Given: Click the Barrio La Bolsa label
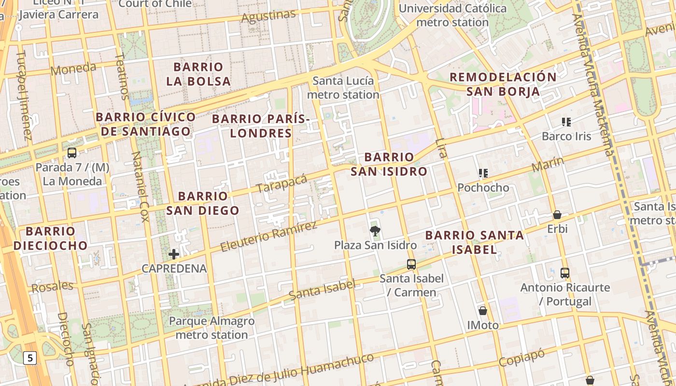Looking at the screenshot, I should [198, 74].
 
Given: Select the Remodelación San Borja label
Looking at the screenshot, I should [503, 84].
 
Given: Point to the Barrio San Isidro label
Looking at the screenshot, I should [389, 164].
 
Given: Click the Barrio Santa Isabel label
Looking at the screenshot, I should [475, 242].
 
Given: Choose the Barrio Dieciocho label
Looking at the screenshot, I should [51, 238].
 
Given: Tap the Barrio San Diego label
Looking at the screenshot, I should [203, 203].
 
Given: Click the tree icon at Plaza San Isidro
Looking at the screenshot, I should [375, 231].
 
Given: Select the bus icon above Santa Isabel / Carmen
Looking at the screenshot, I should [411, 264].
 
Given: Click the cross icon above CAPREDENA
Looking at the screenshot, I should [174, 254].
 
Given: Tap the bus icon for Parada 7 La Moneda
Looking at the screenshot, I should [72, 153].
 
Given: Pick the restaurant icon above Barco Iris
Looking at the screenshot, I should [566, 122].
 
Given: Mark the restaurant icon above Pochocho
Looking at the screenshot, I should [483, 173].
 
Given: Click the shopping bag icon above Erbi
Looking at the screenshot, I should [557, 215].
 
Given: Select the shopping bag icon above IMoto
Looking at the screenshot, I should [483, 311].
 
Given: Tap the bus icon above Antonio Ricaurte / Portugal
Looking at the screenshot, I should [565, 273].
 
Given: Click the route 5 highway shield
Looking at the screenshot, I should [30, 358].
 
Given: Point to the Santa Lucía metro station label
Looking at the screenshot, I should [343, 87].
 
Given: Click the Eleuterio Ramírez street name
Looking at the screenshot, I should [268, 236].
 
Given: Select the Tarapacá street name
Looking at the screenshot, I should [282, 183].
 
